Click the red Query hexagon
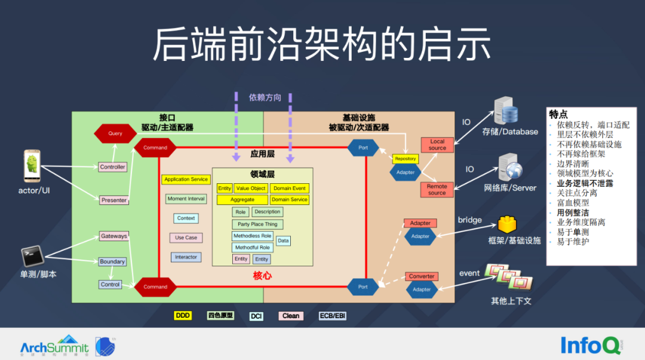click(115, 134)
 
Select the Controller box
click(112, 167)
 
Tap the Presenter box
click(113, 200)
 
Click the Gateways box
click(113, 236)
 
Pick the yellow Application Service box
click(186, 179)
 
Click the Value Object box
click(250, 188)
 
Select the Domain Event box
click(290, 188)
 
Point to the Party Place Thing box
click(257, 224)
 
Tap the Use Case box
click(186, 238)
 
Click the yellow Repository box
click(406, 159)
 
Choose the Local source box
click(437, 145)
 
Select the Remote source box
click(437, 190)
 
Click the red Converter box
click(422, 276)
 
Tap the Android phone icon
click(32, 167)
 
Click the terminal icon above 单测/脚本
click(32, 256)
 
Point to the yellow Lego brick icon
click(506, 224)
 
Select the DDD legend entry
click(183, 315)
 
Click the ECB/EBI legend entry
click(333, 316)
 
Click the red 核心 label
click(262, 275)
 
